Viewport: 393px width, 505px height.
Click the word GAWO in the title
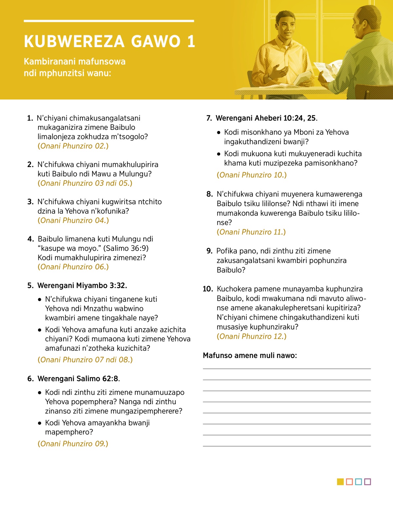coord(156,42)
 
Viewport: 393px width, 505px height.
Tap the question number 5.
coord(30,286)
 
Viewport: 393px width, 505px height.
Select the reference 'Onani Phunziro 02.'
coord(73,146)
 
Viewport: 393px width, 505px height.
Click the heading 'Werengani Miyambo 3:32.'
coord(82,286)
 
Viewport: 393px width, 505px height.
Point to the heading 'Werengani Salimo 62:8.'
coord(78,379)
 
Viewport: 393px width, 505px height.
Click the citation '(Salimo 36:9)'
coord(126,248)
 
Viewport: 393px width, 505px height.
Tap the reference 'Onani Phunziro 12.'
coord(252,336)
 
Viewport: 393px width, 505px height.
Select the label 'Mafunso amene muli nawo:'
coord(250,355)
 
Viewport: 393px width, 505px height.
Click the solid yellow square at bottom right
coord(340,482)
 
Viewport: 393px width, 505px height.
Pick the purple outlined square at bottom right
coord(367,482)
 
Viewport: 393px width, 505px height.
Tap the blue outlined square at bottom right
coord(358,482)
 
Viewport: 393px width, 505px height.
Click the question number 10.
coord(208,289)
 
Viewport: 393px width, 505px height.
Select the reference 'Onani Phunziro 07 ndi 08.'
coord(85,360)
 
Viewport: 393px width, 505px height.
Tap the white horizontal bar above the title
coord(109,21)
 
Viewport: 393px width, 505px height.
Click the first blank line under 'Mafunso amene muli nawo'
coord(287,369)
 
